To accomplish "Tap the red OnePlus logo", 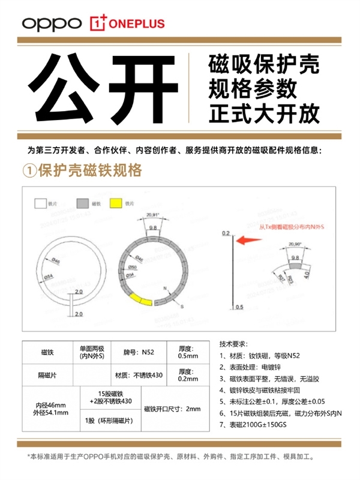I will tap(128, 23).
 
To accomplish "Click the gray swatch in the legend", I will tap(82, 204).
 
